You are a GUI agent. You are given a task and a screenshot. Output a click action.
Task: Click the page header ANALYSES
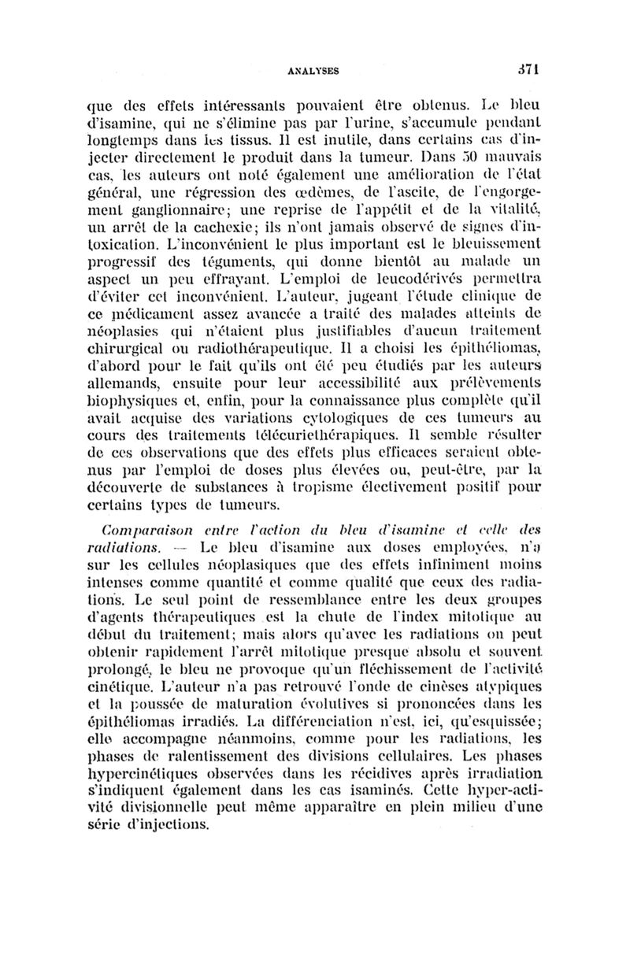(314, 69)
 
